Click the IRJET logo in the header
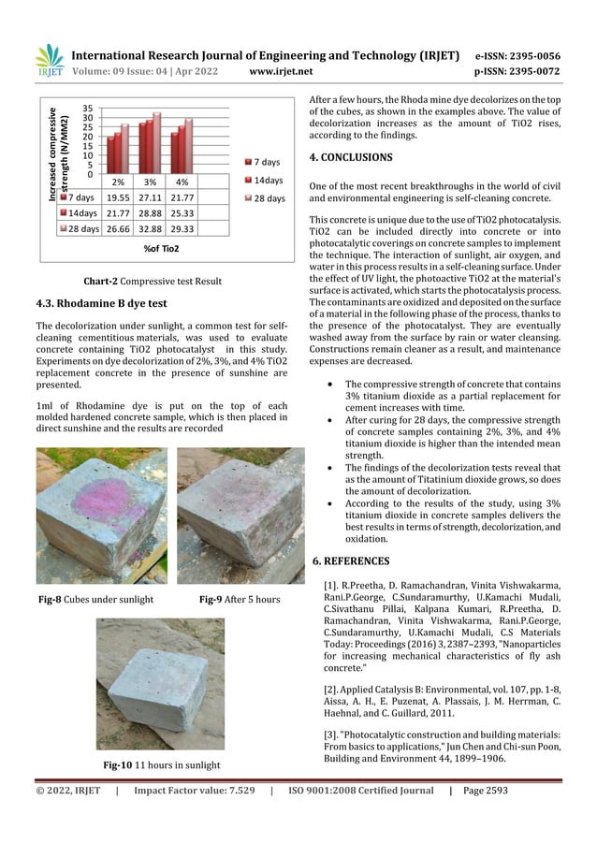(48, 62)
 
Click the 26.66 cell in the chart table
(118, 228)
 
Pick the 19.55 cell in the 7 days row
(118, 197)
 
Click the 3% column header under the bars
(150, 182)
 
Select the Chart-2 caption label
(103, 280)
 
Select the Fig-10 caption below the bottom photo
(161, 765)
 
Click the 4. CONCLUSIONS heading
(351, 156)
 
